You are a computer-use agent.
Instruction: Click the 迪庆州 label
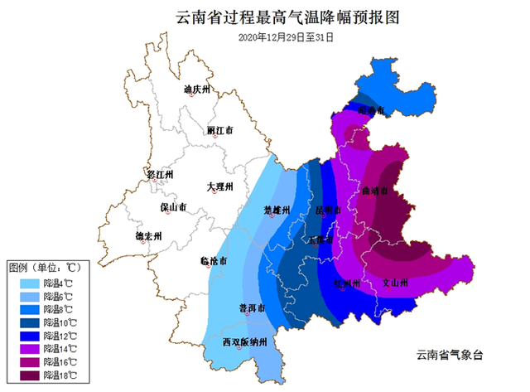click(x=198, y=89)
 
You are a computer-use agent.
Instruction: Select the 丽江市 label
click(x=219, y=131)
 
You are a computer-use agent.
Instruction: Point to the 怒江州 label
click(x=158, y=175)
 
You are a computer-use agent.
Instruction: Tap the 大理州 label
click(x=220, y=186)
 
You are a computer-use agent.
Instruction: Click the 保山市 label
click(x=172, y=207)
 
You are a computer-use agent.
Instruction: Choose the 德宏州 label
click(x=148, y=235)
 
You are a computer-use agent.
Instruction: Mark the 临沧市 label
click(x=214, y=261)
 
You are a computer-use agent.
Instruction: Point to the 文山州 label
click(x=395, y=283)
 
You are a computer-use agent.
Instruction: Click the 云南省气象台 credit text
click(x=454, y=355)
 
